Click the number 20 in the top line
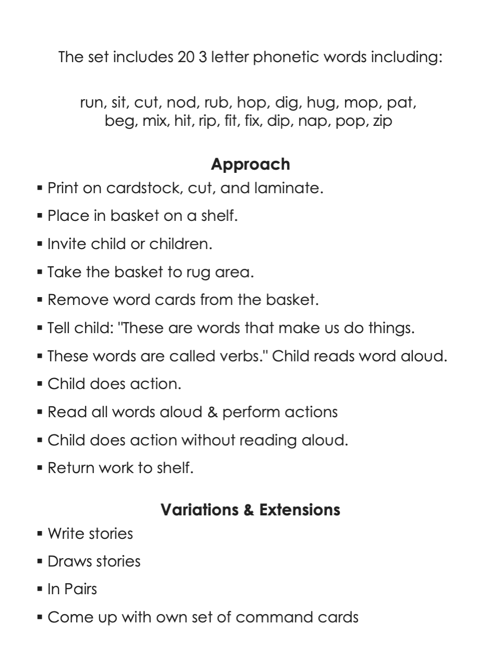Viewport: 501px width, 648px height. (185, 56)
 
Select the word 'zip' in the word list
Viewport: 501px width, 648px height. (383, 121)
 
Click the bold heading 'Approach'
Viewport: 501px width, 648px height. (250, 164)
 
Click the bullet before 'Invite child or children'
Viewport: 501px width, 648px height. (40, 244)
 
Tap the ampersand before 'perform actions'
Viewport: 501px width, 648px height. (212, 412)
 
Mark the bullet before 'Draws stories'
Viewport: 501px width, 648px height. (40, 562)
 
